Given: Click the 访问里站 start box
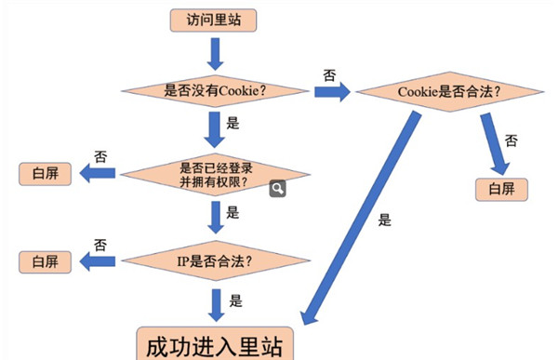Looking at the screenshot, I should click(214, 19).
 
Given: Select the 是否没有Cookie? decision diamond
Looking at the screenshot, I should click(216, 91).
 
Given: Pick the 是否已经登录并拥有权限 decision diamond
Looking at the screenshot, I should click(216, 174).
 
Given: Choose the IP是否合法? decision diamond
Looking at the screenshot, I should click(216, 260).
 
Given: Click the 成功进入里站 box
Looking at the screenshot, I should click(215, 342).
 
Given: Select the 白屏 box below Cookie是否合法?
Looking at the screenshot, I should click(501, 189).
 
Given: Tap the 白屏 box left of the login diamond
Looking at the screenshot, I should click(46, 173).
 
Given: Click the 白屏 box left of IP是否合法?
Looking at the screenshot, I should click(46, 260).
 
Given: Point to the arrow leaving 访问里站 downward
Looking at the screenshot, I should click(215, 53).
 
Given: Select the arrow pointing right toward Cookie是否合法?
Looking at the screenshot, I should click(333, 92).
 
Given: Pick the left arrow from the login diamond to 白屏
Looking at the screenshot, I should click(97, 173).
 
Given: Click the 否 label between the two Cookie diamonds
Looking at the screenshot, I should click(329, 73).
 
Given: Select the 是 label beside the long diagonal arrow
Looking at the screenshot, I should click(385, 220).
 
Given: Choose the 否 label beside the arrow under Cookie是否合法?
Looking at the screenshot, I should click(511, 140).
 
